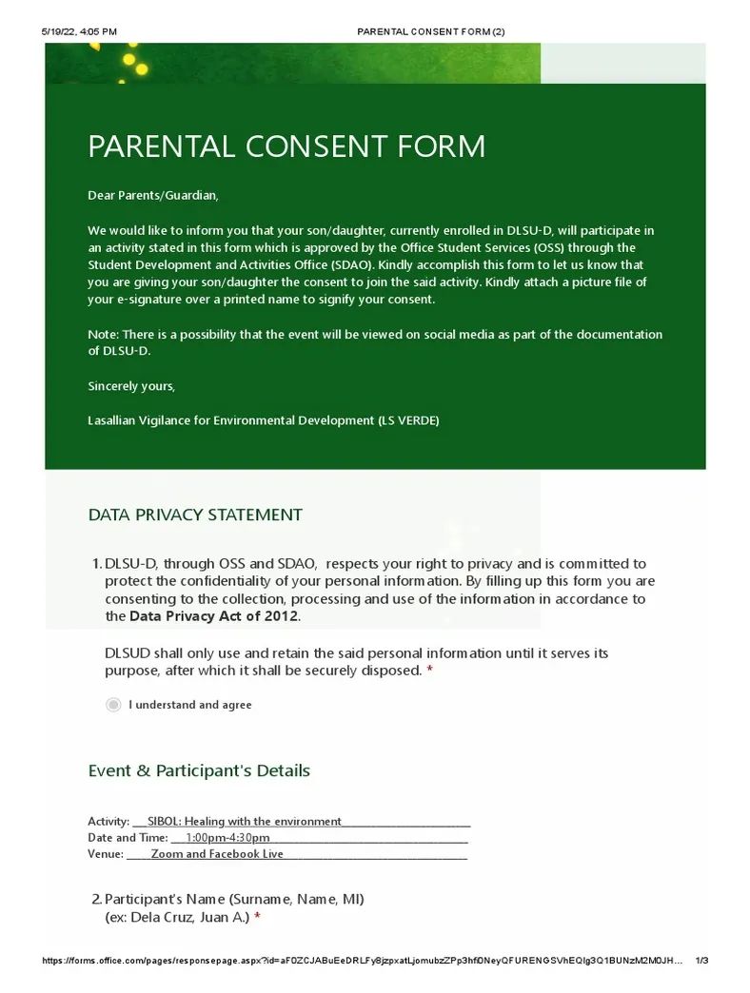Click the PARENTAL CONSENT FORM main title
tap(286, 146)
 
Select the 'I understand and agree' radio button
tap(114, 705)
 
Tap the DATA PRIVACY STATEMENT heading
tap(195, 515)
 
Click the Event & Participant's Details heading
tap(199, 770)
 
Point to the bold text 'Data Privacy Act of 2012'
tap(214, 615)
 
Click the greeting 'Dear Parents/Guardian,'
tap(153, 195)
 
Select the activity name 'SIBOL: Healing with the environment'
tap(244, 821)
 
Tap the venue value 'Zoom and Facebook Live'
tap(217, 854)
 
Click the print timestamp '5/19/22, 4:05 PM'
tap(79, 31)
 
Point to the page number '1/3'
tap(702, 961)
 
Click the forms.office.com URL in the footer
tap(362, 961)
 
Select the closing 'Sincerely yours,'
tap(131, 386)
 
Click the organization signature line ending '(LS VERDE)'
tap(264, 419)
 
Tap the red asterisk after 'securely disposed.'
tap(429, 671)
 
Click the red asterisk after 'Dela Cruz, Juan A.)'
tap(257, 917)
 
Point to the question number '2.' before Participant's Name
tap(96, 899)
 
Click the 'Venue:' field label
tap(106, 854)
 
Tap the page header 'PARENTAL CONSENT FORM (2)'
tap(430, 31)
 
